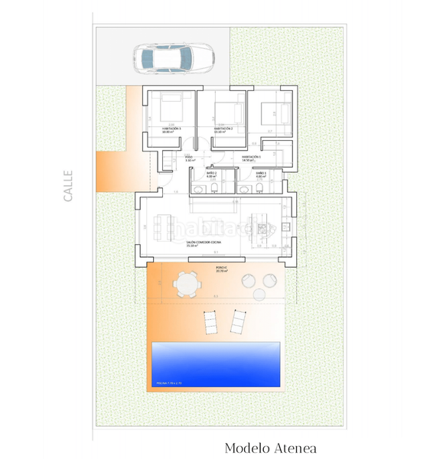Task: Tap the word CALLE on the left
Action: pos(68,185)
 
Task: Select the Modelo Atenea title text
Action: pos(270,448)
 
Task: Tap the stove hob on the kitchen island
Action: pos(262,227)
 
